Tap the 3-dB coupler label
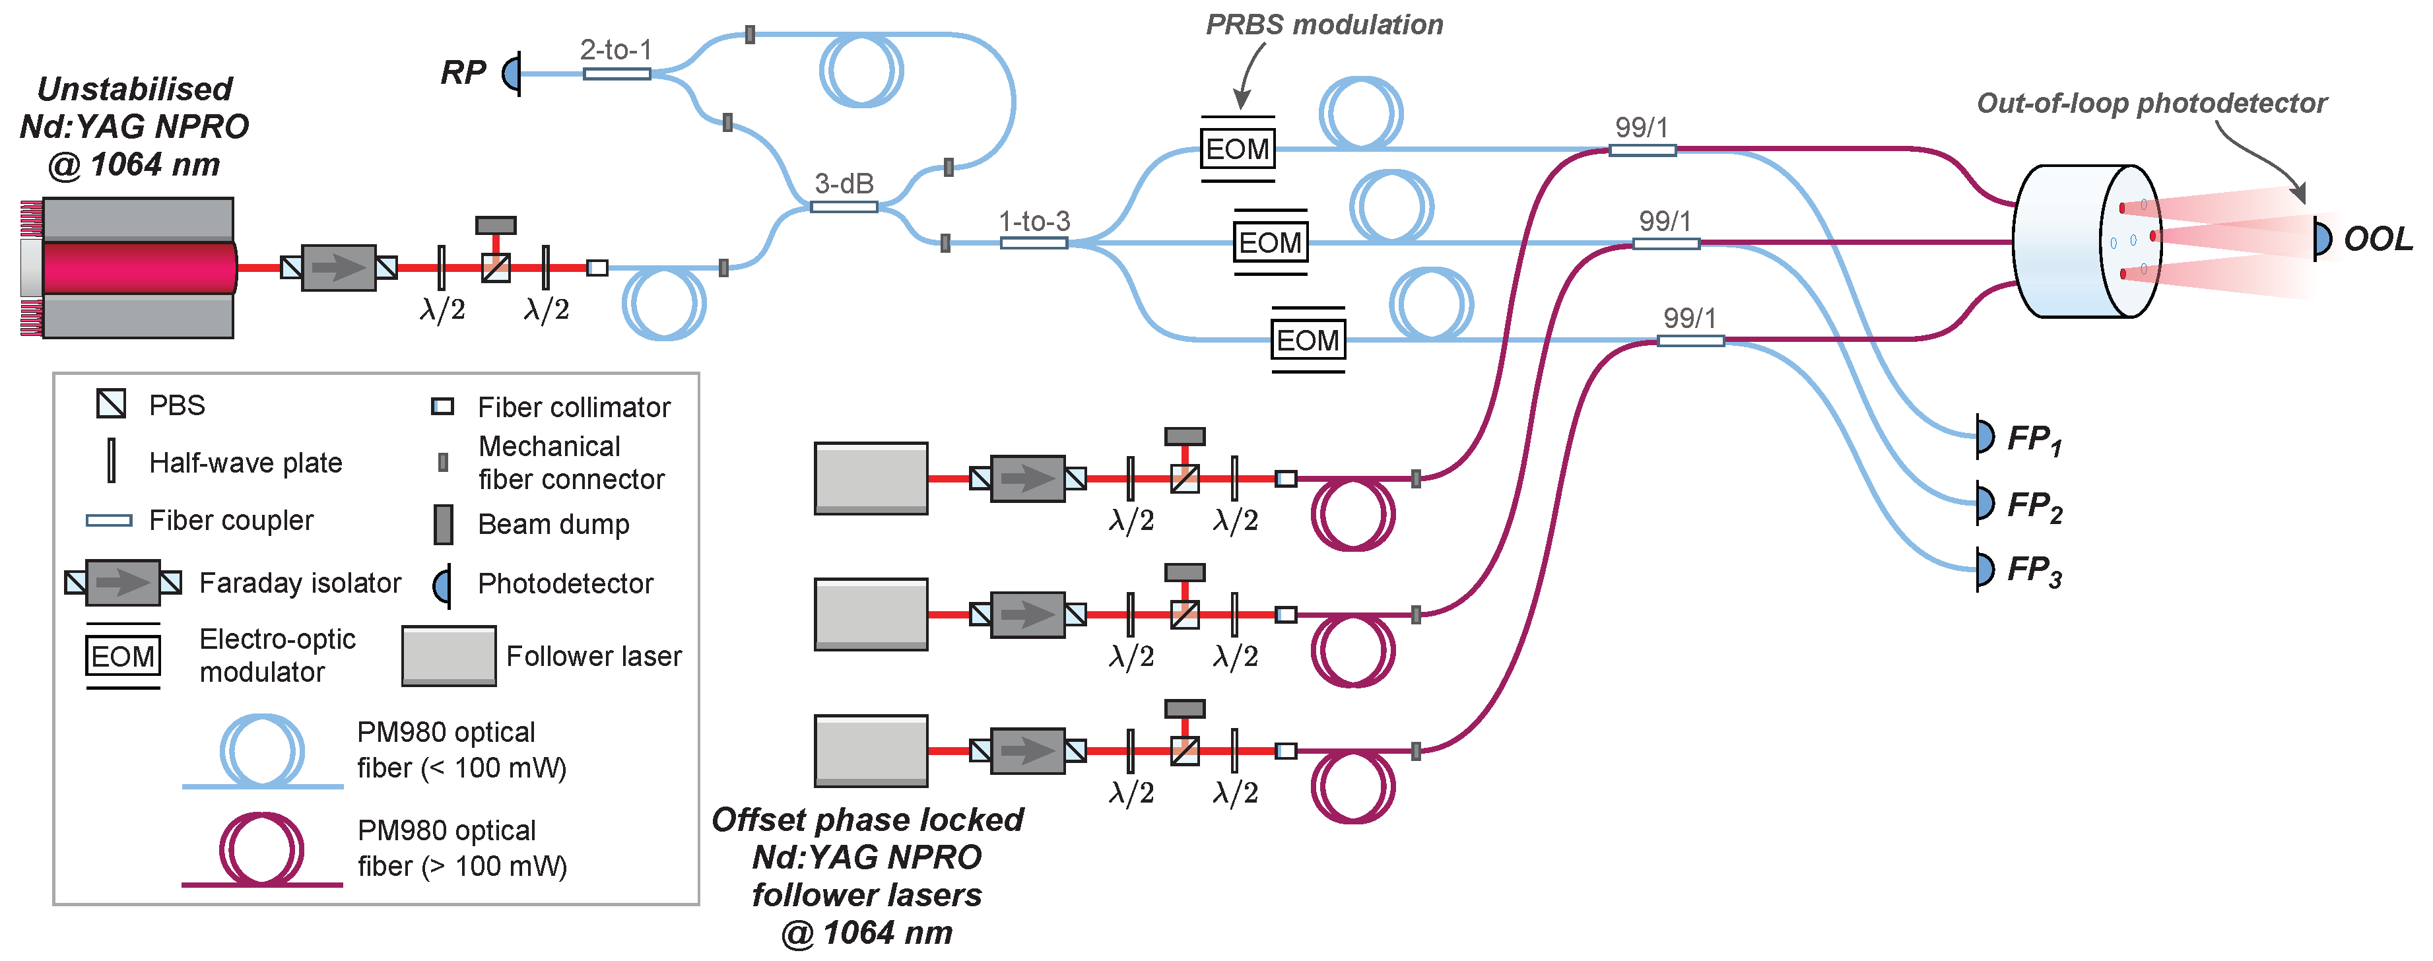pos(844,183)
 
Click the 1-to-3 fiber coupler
pos(1034,243)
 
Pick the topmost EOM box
pos(1237,149)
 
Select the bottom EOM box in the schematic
pos(1307,340)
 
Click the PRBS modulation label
pos(1324,24)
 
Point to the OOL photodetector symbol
pos(2321,239)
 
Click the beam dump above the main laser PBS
pos(495,224)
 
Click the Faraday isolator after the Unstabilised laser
pos(338,268)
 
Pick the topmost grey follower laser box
pos(871,478)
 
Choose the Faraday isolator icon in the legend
pos(123,582)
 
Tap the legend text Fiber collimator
pos(574,407)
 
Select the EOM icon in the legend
pos(123,656)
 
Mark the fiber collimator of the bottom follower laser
pos(1285,750)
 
